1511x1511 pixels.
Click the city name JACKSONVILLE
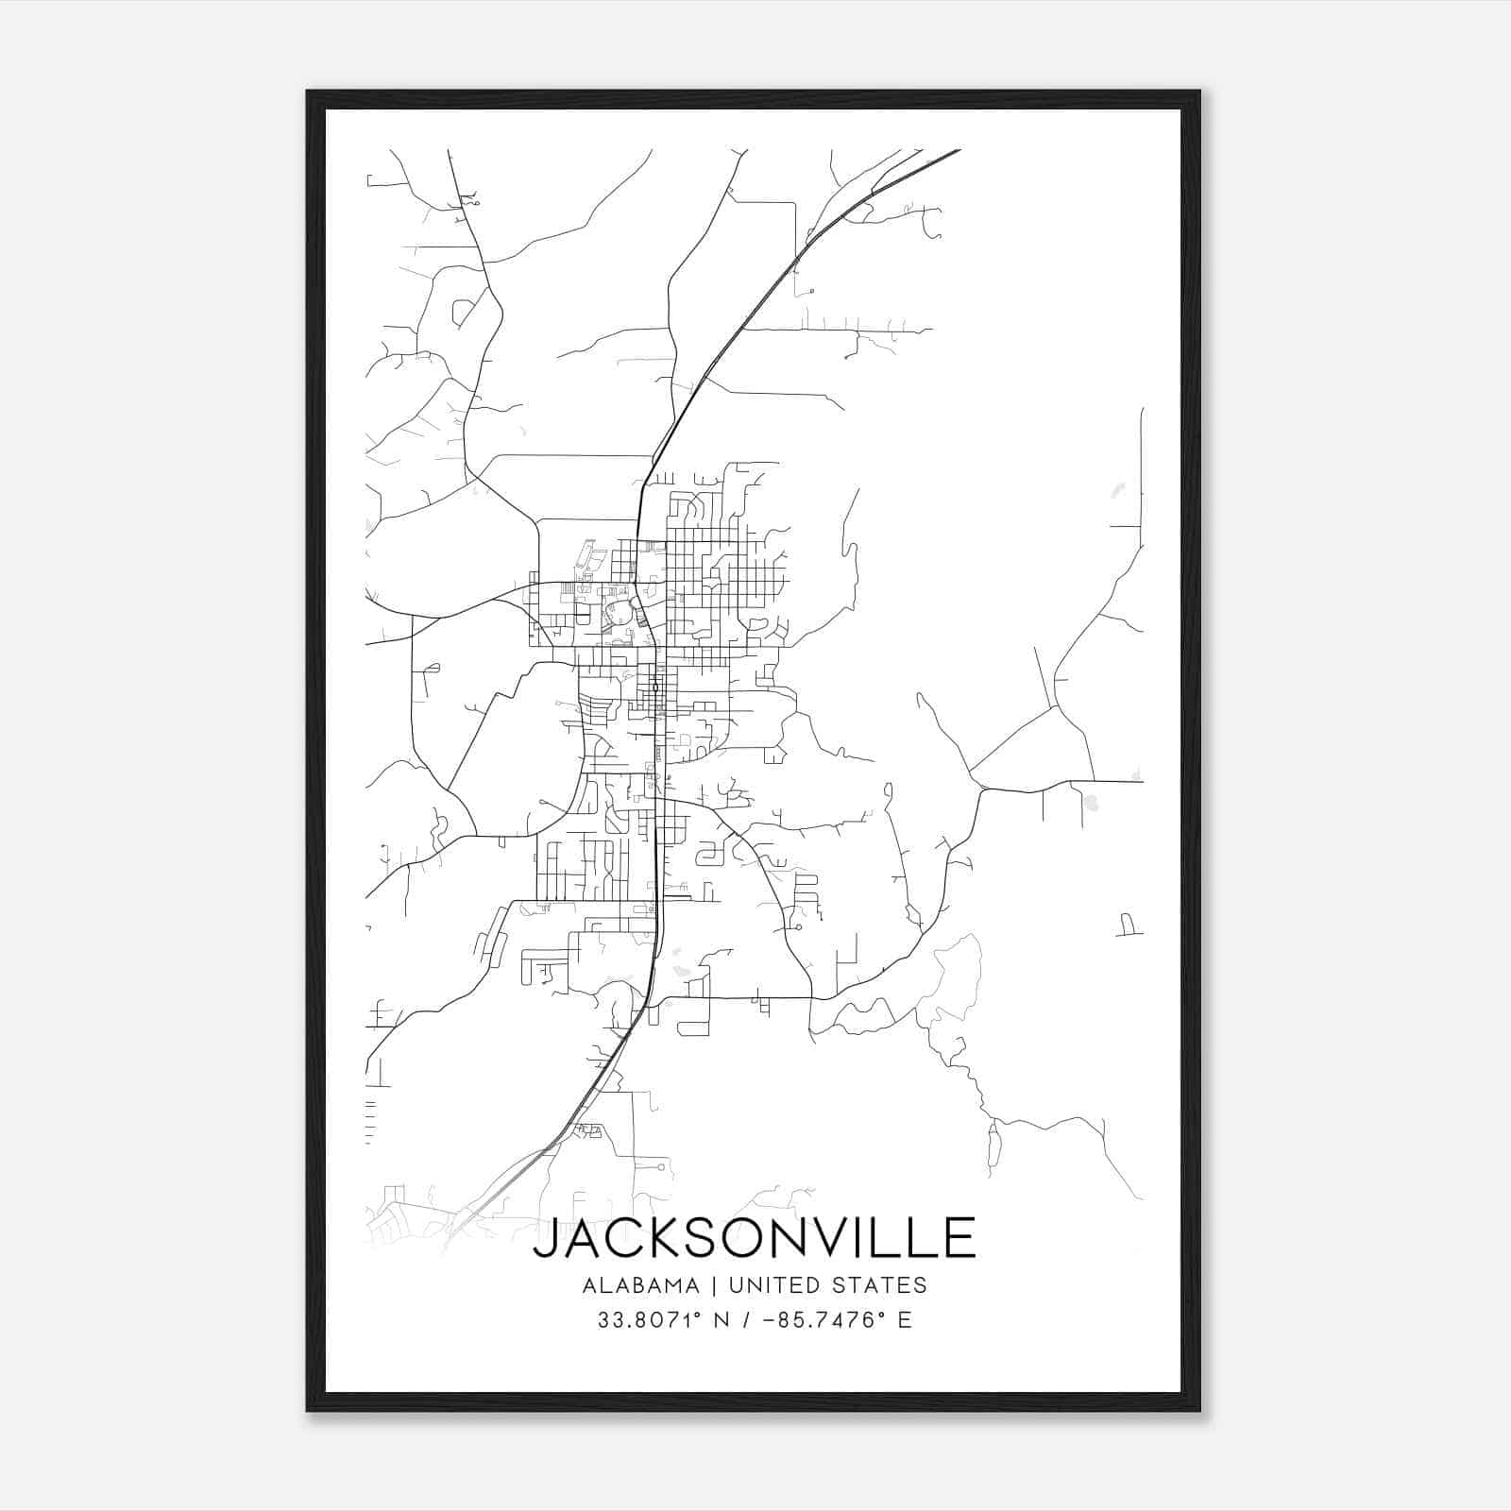point(755,1238)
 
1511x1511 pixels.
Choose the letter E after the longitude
point(905,1320)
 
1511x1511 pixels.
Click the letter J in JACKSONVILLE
point(546,1239)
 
